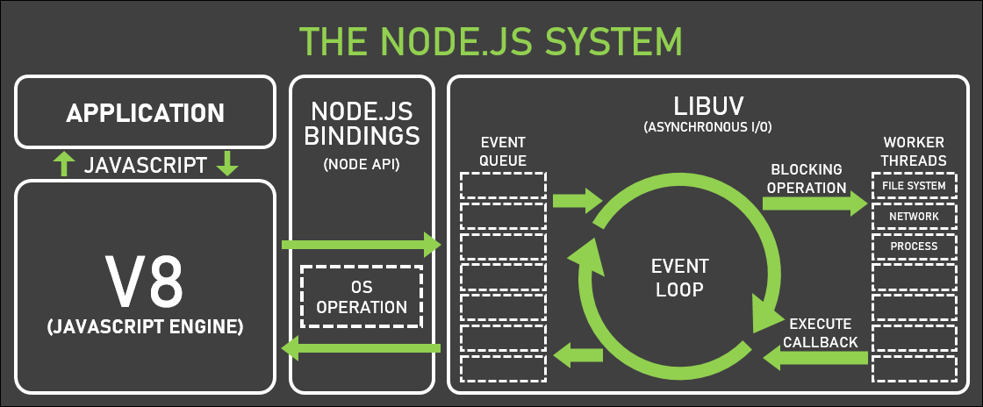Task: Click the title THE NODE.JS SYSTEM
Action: (x=491, y=41)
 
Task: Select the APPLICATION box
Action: (x=146, y=112)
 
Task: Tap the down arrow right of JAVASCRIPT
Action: (x=227, y=164)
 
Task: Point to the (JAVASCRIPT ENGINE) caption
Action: (x=145, y=327)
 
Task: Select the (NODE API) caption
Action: (x=362, y=165)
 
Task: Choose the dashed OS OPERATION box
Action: (x=362, y=296)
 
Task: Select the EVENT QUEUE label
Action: (x=503, y=150)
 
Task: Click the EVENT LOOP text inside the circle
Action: (x=679, y=276)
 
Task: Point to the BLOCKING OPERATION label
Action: (x=806, y=178)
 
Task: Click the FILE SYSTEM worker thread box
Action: (x=914, y=186)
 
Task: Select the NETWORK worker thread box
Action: (x=914, y=216)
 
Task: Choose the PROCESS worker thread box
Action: (x=914, y=246)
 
